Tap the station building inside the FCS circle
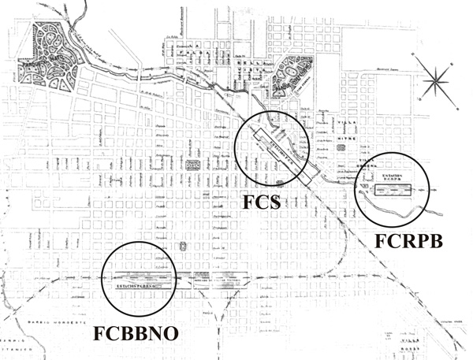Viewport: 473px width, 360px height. (x=270, y=147)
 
